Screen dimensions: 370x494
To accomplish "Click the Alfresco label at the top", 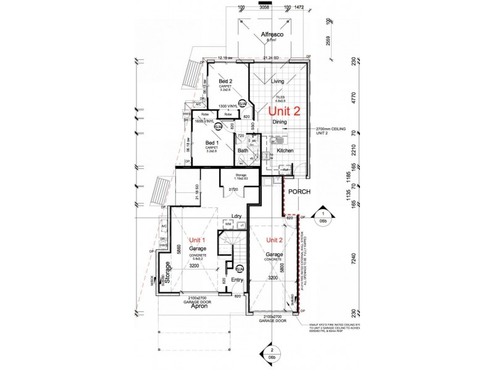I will (x=271, y=35).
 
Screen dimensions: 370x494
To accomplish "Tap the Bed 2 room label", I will (x=226, y=81).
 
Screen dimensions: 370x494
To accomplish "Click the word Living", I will (x=277, y=81).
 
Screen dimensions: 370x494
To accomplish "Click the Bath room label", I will (x=243, y=150).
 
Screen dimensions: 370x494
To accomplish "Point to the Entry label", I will (x=237, y=279).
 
